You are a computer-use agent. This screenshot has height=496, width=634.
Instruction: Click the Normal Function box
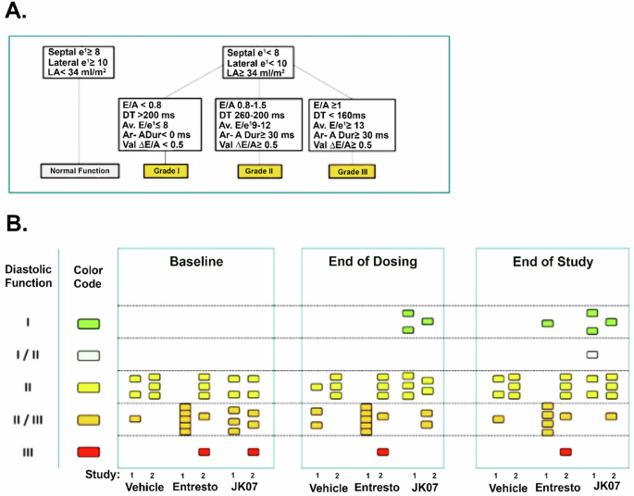(80, 170)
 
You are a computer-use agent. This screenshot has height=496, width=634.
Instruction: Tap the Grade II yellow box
(261, 171)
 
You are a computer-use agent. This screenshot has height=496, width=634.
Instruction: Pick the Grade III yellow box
(353, 172)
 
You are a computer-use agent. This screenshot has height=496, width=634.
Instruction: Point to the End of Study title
(552, 262)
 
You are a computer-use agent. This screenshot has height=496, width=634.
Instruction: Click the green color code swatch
(89, 323)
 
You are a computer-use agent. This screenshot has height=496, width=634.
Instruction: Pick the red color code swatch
(89, 452)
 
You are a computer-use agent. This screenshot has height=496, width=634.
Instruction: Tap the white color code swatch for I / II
(89, 354)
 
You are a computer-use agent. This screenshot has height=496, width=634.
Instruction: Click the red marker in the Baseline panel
(204, 452)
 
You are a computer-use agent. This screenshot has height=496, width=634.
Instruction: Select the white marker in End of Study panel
(591, 354)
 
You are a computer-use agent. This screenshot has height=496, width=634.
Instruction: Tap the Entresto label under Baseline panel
(194, 488)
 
